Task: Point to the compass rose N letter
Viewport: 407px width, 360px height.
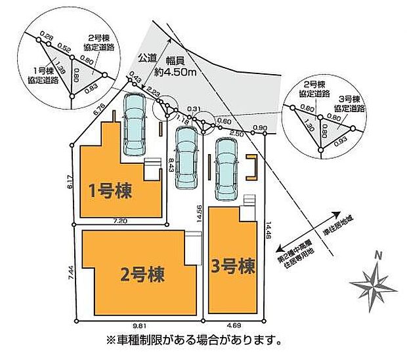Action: (x=377, y=255)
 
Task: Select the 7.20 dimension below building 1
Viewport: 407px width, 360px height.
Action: (x=119, y=222)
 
